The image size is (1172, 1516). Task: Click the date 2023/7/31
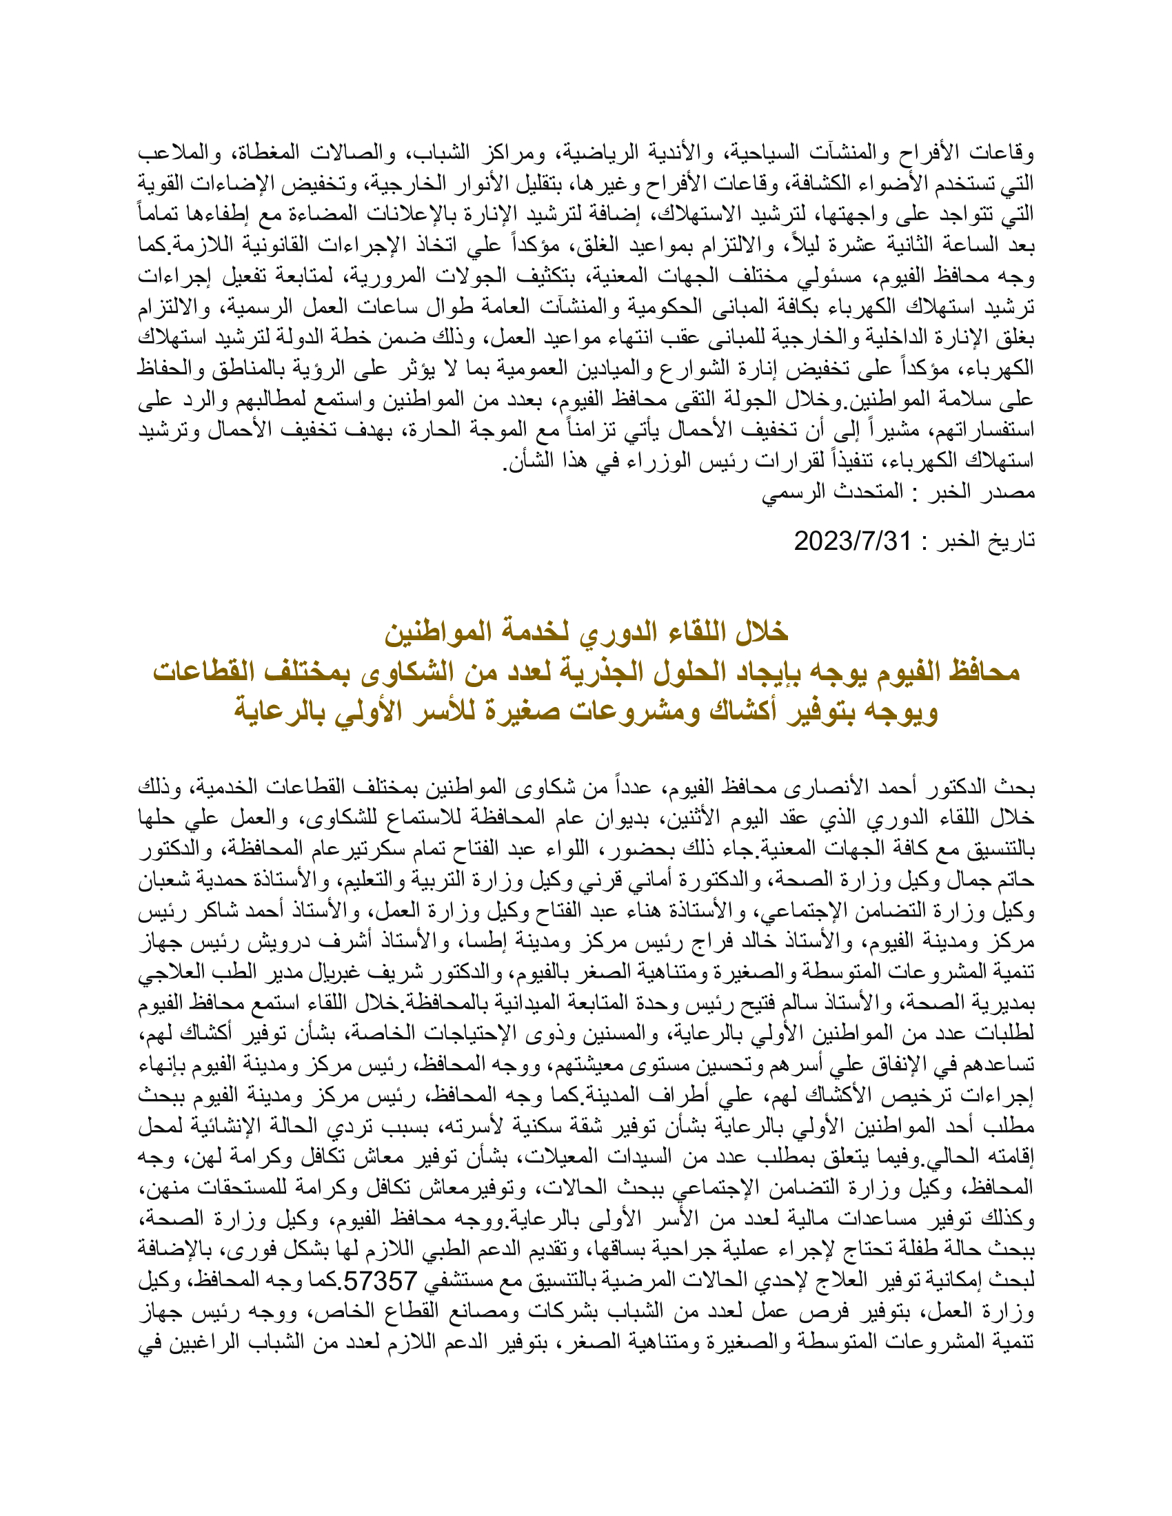[x=852, y=540]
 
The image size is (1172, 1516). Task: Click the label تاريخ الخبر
[x=986, y=540]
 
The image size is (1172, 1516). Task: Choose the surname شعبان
[x=163, y=880]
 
